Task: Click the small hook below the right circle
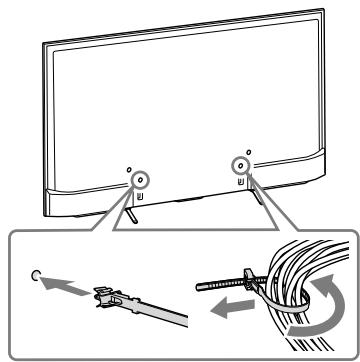coord(240,182)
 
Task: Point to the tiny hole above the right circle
coord(249,151)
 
